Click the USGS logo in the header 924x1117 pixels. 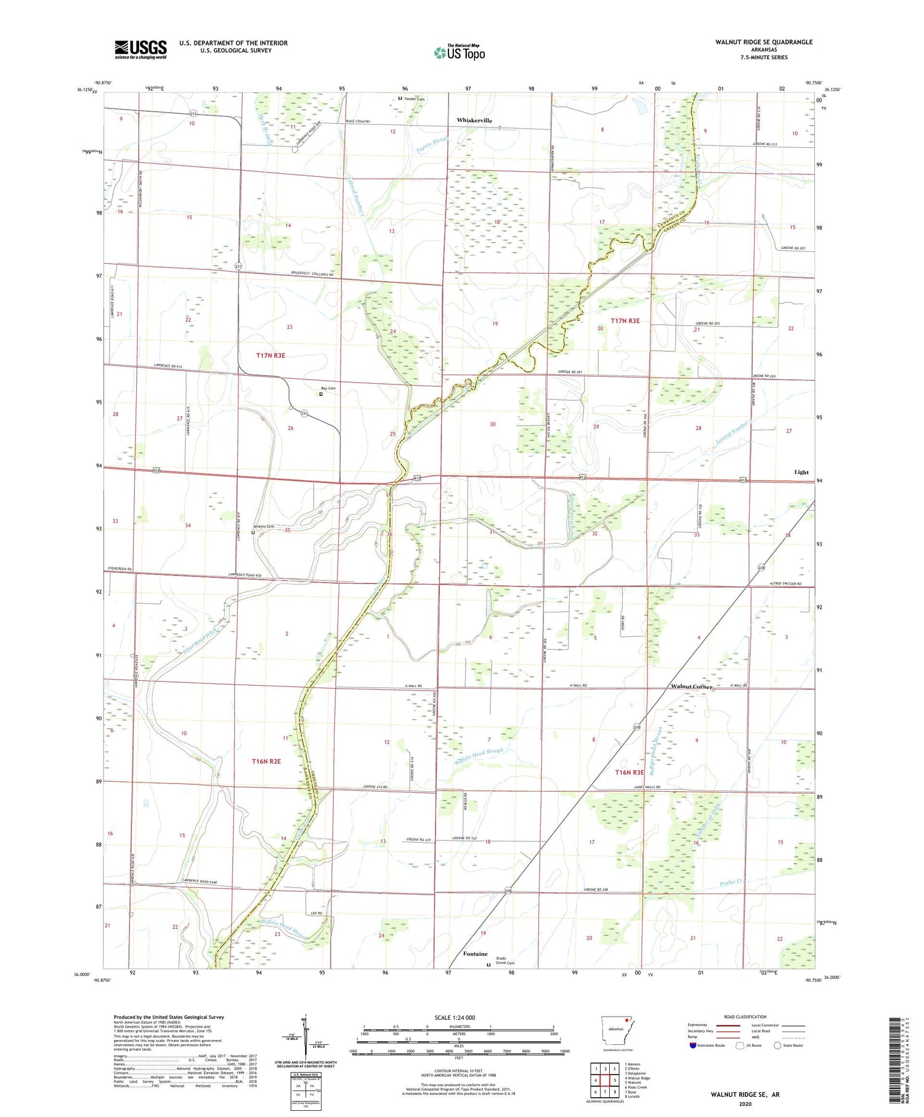pos(140,49)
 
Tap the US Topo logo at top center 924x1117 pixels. pos(459,52)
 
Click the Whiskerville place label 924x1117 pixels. pos(474,120)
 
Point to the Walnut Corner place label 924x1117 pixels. pos(691,686)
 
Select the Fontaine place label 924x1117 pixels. pos(475,954)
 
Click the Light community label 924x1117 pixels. pos(801,472)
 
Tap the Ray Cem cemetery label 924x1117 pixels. pos(328,388)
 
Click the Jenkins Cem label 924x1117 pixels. pos(264,526)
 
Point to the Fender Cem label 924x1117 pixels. pos(414,99)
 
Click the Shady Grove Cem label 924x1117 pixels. pos(505,961)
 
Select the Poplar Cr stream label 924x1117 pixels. pos(732,883)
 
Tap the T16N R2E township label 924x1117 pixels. pos(266,762)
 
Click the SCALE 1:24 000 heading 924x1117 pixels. pos(455,1017)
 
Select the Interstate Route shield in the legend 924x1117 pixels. pos(693,1045)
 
